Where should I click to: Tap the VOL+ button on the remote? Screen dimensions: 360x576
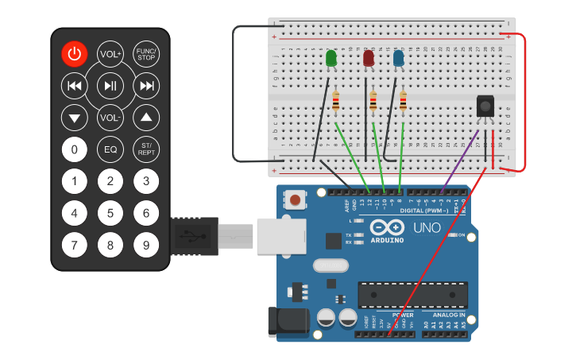[110, 54]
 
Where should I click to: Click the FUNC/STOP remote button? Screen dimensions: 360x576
[146, 54]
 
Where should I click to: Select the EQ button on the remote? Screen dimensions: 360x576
[110, 149]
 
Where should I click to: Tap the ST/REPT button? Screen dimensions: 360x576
[146, 149]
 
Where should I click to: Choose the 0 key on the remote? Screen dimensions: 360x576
[75, 149]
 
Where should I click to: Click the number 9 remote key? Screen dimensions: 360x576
[146, 245]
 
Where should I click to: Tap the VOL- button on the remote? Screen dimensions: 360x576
[110, 118]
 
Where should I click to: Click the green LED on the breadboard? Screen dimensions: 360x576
[331, 59]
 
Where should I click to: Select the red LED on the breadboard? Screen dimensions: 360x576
[369, 59]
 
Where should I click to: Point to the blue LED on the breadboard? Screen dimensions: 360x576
[398, 59]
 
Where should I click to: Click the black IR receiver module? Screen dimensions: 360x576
[484, 106]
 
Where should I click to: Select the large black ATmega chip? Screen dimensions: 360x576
[408, 295]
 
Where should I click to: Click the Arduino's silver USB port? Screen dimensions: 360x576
[280, 236]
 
